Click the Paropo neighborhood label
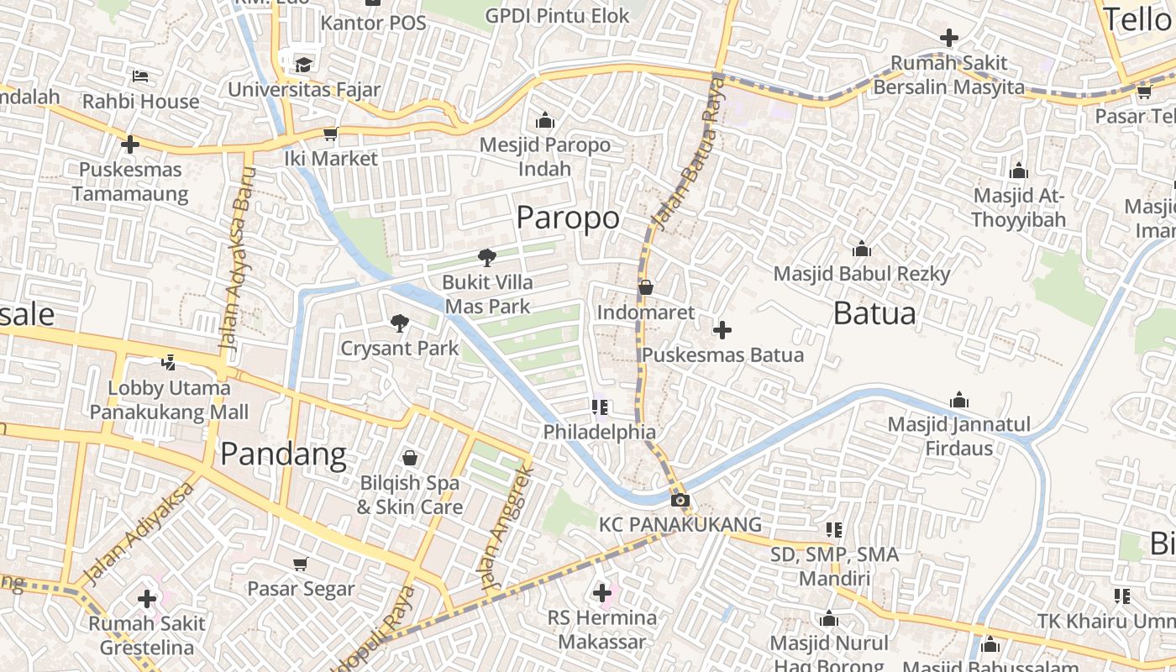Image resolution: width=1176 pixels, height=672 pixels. coord(568,218)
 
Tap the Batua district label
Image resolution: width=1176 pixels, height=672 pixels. coord(874,313)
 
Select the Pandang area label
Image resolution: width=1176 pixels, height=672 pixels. coord(283,454)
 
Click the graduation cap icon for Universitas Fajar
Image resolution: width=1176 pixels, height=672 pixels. coord(303,64)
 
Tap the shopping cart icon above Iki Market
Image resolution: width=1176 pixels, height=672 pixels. coord(331,134)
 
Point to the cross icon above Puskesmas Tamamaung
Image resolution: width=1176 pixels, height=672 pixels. coord(129,144)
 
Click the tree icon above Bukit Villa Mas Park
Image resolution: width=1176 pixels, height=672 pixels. coord(486,257)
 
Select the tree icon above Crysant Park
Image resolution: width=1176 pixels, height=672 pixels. coord(400,323)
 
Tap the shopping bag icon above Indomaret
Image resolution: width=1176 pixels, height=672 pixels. coord(646,287)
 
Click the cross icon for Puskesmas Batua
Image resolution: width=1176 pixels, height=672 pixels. coord(722,330)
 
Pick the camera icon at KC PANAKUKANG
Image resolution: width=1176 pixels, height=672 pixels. coord(680,501)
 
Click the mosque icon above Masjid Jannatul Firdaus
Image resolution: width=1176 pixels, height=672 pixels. coord(958,400)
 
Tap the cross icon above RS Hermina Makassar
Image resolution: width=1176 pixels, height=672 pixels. coord(602,593)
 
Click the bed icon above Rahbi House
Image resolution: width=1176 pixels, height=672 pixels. coord(140,76)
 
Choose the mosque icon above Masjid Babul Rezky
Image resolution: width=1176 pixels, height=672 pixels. coord(861,249)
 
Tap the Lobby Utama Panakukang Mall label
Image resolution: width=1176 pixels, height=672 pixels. coord(170,400)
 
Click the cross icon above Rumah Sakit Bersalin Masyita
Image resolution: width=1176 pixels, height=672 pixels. coord(949,38)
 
